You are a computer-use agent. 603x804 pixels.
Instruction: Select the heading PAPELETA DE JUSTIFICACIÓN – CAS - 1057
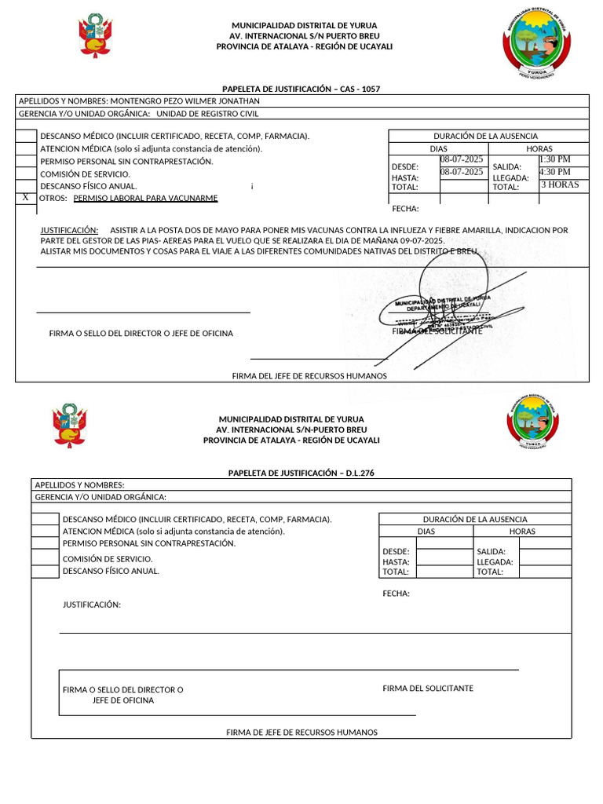pyautogui.click(x=301, y=90)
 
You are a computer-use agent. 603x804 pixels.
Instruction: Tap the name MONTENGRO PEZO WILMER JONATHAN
pyautogui.click(x=185, y=101)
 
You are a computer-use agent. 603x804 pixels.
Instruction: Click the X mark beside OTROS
pyautogui.click(x=26, y=198)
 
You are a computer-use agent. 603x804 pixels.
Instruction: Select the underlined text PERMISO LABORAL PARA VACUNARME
pyautogui.click(x=145, y=199)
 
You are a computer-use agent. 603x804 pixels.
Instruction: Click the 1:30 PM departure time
pyautogui.click(x=555, y=159)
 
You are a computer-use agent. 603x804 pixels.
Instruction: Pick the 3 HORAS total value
pyautogui.click(x=560, y=185)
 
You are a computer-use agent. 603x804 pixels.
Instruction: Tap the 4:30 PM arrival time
pyautogui.click(x=555, y=172)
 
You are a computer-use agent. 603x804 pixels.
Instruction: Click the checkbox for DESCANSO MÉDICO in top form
pyautogui.click(x=27, y=136)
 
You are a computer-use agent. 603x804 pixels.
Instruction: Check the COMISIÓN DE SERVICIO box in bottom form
pyautogui.click(x=46, y=558)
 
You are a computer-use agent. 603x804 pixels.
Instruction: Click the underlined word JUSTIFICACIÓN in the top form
pyautogui.click(x=69, y=230)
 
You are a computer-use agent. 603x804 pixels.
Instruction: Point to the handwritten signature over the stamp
pyautogui.click(x=451, y=298)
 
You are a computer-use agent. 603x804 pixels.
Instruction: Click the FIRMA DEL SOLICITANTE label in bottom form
pyautogui.click(x=428, y=689)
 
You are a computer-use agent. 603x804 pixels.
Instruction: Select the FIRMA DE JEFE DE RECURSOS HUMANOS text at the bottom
pyautogui.click(x=301, y=733)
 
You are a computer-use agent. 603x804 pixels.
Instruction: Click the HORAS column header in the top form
pyautogui.click(x=539, y=148)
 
